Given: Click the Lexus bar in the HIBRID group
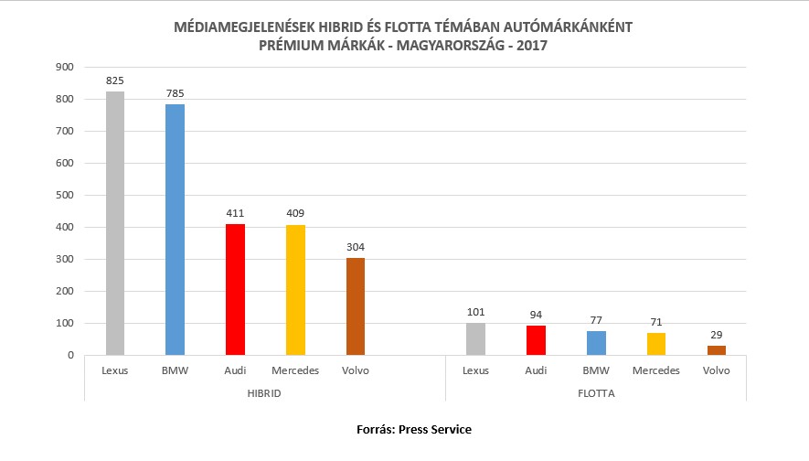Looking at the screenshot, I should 115,223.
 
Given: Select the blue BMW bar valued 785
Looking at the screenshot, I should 175,230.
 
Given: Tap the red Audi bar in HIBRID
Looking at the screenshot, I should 235,289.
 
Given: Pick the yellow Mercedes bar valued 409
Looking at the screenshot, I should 295,290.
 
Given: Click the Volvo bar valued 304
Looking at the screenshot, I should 355,306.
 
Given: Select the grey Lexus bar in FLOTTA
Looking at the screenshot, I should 475,338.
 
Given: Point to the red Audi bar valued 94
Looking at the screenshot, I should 536,340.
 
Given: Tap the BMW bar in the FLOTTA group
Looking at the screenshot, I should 596,343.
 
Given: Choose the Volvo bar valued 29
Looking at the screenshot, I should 716,350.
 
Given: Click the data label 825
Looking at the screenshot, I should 115,81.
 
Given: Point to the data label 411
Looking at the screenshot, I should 235,214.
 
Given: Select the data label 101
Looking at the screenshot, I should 475,313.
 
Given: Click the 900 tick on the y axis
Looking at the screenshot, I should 64,67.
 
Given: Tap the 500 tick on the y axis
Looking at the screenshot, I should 64,195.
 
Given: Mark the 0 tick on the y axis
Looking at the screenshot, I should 69,355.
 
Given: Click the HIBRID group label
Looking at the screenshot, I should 265,392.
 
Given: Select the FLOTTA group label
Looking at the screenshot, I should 595,392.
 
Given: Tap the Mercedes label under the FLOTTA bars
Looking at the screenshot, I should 655,370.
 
